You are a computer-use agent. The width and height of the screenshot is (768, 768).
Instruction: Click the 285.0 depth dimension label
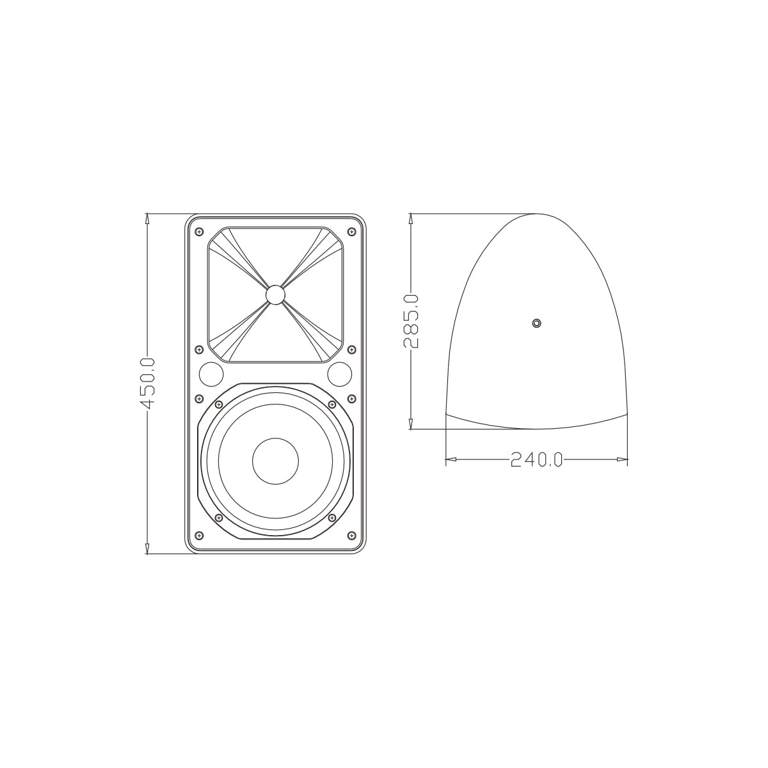point(411,321)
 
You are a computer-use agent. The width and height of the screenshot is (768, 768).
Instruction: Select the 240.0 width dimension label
point(536,460)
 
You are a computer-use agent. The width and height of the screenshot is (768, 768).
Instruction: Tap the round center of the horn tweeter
point(275,294)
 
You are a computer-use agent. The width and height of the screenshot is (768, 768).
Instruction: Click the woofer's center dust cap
point(275,461)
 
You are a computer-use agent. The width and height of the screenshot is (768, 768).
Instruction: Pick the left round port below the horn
point(211,373)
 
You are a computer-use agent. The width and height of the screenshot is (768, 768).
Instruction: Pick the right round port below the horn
point(340,373)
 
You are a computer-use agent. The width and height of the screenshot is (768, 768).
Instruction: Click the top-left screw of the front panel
point(199,231)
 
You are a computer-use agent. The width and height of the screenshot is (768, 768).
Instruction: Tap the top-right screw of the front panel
point(351,231)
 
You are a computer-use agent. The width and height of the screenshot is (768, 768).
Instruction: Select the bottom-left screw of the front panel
point(199,535)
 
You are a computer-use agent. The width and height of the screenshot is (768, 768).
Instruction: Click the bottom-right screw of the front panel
point(351,535)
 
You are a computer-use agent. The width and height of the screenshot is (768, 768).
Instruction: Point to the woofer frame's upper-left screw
point(219,404)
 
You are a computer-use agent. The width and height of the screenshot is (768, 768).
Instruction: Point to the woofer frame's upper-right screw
point(332,404)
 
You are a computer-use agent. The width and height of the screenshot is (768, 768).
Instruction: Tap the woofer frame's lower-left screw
point(219,517)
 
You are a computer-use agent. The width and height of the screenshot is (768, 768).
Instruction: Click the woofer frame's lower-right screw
point(332,517)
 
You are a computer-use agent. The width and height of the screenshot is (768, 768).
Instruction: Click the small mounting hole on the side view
point(537,323)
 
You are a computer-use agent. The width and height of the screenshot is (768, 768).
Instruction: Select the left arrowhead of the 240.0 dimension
point(449,460)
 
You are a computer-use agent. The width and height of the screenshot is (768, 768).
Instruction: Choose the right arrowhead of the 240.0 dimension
point(623,460)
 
